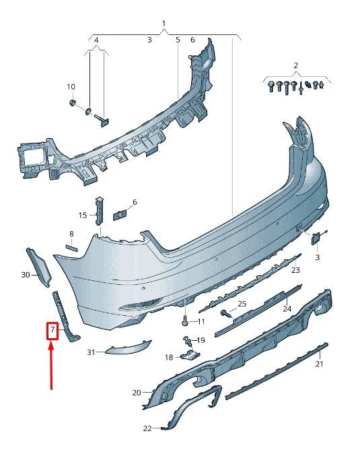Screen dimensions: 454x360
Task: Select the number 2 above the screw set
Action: pos(295,65)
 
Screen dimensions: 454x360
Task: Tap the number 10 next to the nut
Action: pos(71,87)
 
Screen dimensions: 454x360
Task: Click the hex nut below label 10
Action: pos(72,103)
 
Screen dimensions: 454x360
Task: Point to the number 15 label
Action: pos(83,216)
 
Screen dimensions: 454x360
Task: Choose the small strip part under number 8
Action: pos(71,248)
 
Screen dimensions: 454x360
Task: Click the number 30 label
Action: pos(26,275)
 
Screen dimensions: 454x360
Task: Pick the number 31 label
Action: pos(92,352)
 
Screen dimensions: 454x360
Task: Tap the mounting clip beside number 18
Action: pos(192,356)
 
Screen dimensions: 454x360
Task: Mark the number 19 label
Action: pos(201,340)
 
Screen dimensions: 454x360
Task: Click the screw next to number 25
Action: pos(225,313)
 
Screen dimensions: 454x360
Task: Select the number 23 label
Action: pos(295,270)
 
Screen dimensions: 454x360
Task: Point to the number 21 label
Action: pos(320,364)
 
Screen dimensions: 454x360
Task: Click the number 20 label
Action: pos(137,393)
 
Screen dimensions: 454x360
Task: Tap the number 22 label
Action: pos(147,428)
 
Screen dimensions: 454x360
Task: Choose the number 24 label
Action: pos(287,309)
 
